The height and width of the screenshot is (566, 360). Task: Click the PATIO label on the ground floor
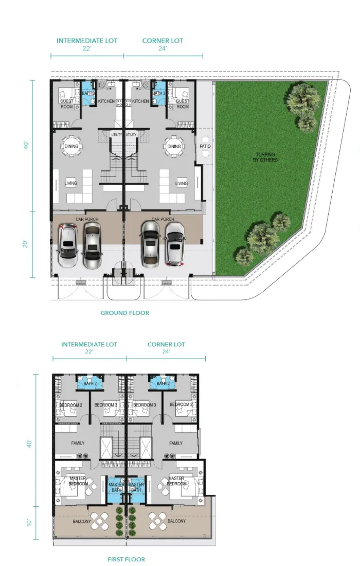click(205, 146)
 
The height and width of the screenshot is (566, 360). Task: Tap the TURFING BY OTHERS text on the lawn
click(265, 157)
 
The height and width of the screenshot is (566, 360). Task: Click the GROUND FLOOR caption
click(125, 313)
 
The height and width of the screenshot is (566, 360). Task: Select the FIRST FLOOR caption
click(126, 559)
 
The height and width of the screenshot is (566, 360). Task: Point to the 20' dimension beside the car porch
click(25, 244)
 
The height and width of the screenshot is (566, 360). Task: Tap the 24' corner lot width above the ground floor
click(163, 48)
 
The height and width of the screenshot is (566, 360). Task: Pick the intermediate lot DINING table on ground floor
click(71, 146)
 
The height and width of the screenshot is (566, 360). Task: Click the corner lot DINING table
click(174, 146)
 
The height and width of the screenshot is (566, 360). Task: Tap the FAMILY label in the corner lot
click(176, 443)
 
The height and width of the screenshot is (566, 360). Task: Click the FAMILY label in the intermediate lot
click(78, 443)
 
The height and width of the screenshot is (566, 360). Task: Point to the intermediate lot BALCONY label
click(82, 521)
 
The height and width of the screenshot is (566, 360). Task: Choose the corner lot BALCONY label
click(177, 521)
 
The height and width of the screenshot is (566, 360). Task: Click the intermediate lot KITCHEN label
click(106, 101)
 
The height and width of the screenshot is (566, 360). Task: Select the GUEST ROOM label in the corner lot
click(183, 104)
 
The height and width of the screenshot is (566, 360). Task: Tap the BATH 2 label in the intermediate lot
click(90, 383)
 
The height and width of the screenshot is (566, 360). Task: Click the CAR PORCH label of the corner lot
click(163, 219)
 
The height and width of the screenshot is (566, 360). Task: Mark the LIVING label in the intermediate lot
click(70, 183)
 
